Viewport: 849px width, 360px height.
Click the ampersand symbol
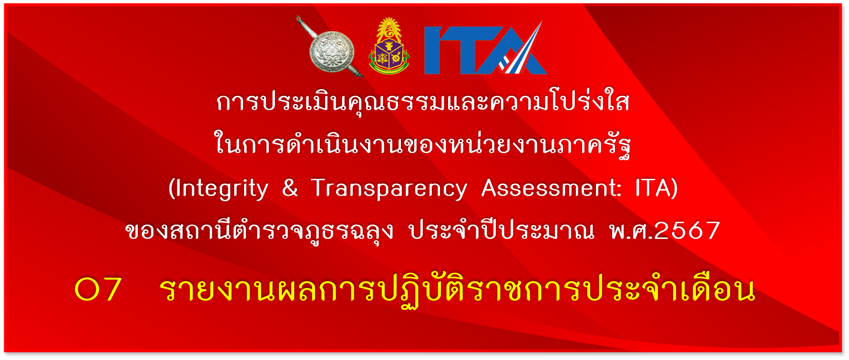(x=290, y=187)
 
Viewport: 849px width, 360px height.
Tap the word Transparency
(x=389, y=189)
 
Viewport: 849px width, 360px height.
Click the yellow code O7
(x=98, y=289)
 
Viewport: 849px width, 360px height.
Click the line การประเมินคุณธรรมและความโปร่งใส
(x=423, y=102)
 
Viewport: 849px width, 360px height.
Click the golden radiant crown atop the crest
(x=389, y=29)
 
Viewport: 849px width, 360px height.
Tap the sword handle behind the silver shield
(x=303, y=26)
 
